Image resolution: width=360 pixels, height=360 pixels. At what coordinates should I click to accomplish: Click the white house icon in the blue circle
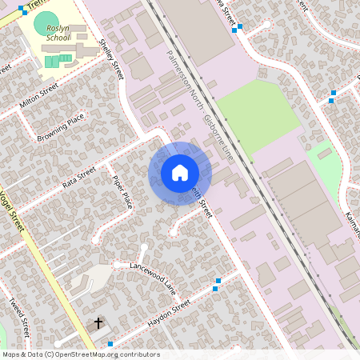[180, 172]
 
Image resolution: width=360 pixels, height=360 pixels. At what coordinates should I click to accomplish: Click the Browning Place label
[61, 129]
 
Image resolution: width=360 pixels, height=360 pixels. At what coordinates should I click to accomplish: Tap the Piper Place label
[122, 192]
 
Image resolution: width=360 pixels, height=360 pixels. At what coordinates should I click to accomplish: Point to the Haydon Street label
[170, 314]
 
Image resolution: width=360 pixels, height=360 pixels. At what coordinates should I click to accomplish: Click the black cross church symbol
[99, 323]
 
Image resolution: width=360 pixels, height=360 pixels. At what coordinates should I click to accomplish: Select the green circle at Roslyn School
[46, 22]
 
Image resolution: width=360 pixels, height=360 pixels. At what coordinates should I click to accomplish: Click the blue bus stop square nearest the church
[110, 344]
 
